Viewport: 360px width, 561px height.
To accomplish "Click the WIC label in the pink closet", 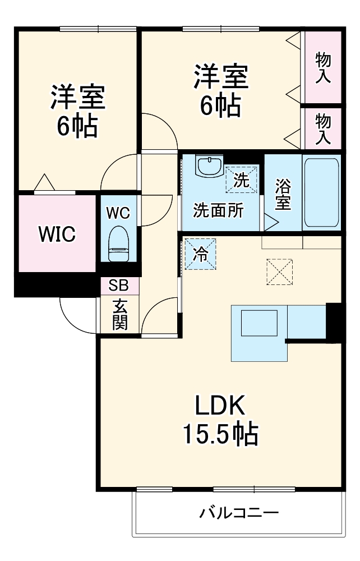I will pyautogui.click(x=57, y=234).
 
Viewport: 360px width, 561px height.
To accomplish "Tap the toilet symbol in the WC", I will pyautogui.click(x=118, y=243).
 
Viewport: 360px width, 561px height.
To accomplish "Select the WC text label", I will pyautogui.click(x=118, y=213).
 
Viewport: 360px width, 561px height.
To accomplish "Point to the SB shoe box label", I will pyautogui.click(x=118, y=286).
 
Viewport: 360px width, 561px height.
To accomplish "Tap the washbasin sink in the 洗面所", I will pyautogui.click(x=209, y=166).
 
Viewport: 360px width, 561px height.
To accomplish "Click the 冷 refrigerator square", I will pyautogui.click(x=200, y=254).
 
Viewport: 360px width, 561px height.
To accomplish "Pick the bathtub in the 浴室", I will pyautogui.click(x=321, y=191).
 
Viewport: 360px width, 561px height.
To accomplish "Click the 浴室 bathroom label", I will pyautogui.click(x=283, y=195).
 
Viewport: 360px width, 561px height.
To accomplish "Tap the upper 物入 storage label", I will pyautogui.click(x=322, y=67).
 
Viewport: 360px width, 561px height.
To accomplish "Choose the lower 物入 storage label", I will pyautogui.click(x=322, y=128).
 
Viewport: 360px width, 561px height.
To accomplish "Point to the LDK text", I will pyautogui.click(x=219, y=406).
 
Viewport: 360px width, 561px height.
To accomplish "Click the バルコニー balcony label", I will pyautogui.click(x=239, y=513).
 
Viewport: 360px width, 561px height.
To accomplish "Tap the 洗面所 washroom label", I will pyautogui.click(x=219, y=210).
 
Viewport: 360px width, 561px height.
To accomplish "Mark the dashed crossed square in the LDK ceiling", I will pyautogui.click(x=279, y=272).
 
